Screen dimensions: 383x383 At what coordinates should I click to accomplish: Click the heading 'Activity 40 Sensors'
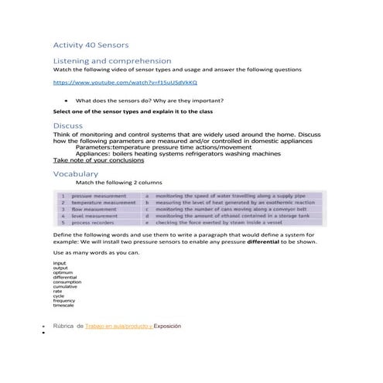click(x=91, y=45)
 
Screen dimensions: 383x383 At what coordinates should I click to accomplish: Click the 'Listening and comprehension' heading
click(x=112, y=60)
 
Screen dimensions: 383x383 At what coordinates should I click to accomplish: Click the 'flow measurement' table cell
click(x=94, y=209)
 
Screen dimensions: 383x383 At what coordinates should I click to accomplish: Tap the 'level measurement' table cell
click(x=94, y=215)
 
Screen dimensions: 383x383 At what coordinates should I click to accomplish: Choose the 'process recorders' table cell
click(x=93, y=221)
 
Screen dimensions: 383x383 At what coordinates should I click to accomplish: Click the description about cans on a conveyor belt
click(x=231, y=209)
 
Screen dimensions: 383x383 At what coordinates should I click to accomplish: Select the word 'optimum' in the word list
click(x=63, y=273)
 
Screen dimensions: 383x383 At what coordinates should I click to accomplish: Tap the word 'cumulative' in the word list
click(x=65, y=287)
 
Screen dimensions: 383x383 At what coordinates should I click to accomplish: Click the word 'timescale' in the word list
click(x=63, y=305)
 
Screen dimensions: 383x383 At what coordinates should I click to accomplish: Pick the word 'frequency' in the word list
click(x=64, y=300)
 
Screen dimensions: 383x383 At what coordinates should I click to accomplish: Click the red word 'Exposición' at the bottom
click(x=167, y=327)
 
